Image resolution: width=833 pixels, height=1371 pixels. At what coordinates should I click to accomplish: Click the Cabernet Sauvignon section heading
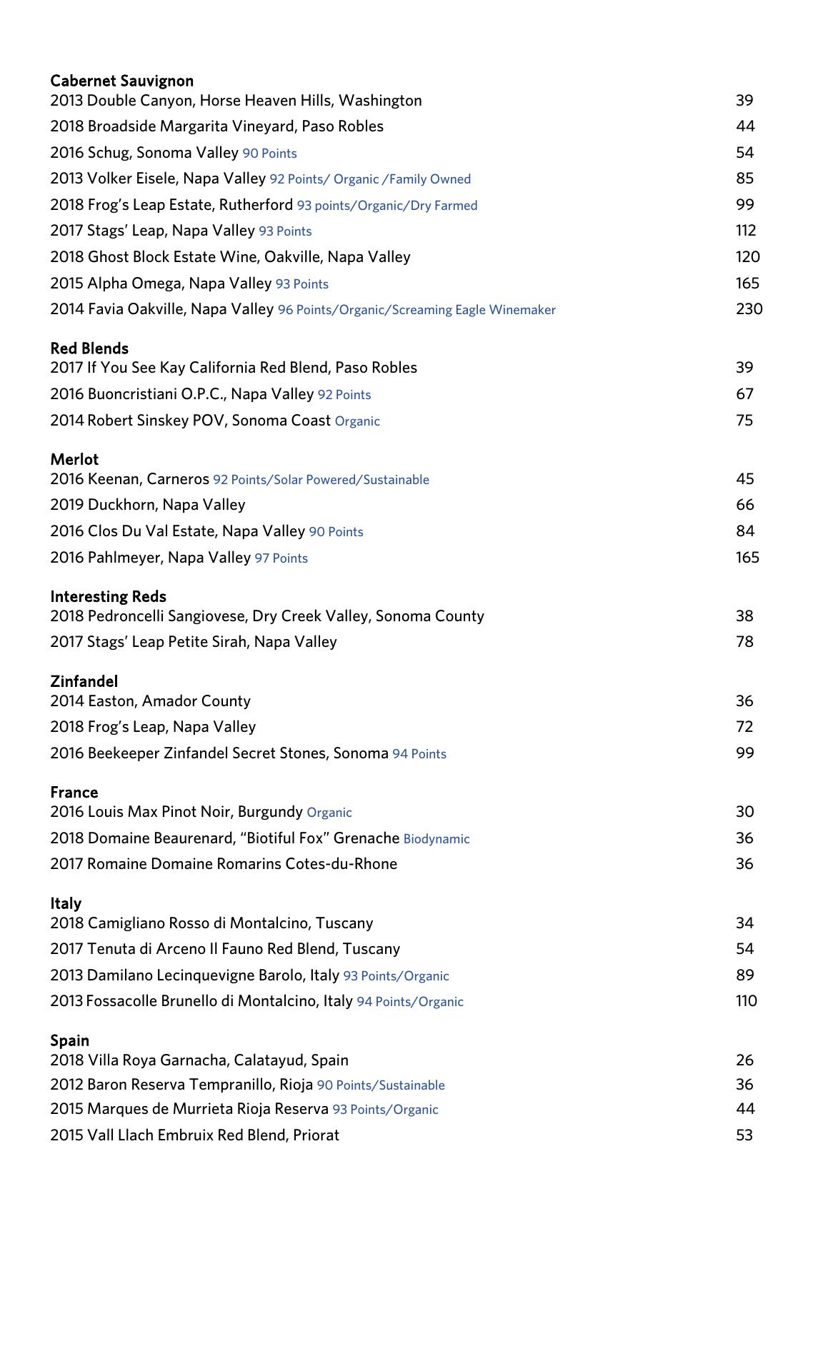point(121,81)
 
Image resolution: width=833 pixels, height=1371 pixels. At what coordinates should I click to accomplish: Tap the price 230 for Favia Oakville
point(749,309)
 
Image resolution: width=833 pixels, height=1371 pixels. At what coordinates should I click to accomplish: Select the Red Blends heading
point(89,348)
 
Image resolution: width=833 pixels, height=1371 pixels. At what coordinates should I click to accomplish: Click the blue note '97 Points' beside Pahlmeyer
point(281,558)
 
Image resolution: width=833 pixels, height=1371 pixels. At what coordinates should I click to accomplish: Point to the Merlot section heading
point(74,459)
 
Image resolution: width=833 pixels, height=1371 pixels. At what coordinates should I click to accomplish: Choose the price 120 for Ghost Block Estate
point(747,257)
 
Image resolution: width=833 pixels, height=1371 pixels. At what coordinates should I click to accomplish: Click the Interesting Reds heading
point(108,596)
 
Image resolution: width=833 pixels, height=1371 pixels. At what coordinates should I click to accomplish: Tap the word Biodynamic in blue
point(437,839)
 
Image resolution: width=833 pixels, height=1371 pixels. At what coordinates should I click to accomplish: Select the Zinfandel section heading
point(84,681)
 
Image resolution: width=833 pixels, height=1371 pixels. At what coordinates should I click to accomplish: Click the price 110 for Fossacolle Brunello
point(746,1001)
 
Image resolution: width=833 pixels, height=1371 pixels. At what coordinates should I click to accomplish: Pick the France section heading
point(74,792)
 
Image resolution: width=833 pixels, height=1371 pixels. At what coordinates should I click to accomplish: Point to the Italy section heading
point(66,903)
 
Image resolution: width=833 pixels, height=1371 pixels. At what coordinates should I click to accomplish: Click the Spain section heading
point(69,1040)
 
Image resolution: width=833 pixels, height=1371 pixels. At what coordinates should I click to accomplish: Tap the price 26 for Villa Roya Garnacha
point(744,1060)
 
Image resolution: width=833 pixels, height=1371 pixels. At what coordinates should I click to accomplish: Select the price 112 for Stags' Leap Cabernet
point(745,231)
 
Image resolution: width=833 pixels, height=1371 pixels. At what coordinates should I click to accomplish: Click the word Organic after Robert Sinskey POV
point(357,421)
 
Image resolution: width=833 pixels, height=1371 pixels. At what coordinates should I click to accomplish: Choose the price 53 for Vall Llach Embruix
point(744,1135)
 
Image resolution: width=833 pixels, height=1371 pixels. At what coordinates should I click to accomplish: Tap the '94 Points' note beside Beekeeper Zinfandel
point(419,754)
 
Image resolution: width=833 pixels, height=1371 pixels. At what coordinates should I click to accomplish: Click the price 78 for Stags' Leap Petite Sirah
point(744,642)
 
